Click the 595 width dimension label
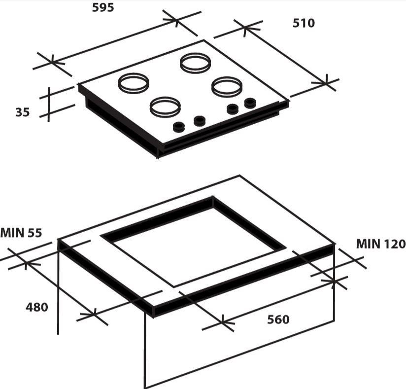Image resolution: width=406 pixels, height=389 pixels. (103, 7)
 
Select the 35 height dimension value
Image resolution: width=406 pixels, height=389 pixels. (22, 112)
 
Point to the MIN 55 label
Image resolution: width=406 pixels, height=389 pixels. (21, 232)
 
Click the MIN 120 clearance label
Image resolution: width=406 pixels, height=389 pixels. (380, 244)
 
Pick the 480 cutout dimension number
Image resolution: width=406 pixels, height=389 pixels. (37, 307)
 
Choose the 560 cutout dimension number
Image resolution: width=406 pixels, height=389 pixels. (278, 319)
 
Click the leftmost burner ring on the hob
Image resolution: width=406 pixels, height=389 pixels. (133, 82)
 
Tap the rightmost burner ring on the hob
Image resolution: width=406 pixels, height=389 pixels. (227, 86)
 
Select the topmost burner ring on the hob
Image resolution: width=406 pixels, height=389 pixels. (195, 63)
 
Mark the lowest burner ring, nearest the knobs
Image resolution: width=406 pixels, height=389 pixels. (166, 106)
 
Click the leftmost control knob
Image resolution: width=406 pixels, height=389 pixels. (179, 127)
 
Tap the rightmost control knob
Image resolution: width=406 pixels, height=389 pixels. (250, 103)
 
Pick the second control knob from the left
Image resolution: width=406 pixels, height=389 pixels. (199, 120)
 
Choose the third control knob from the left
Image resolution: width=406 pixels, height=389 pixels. (232, 109)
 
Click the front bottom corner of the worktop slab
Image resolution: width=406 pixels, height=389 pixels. (153, 316)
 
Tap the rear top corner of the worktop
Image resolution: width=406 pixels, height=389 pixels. (240, 176)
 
